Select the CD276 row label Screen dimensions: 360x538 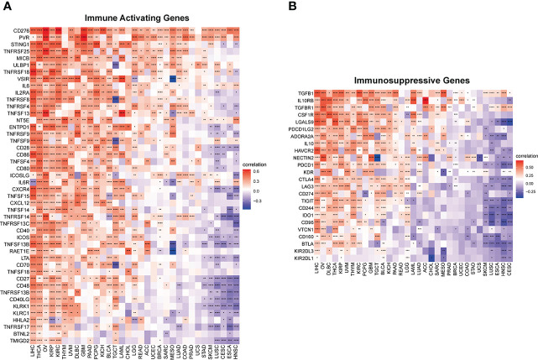tap(21, 31)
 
